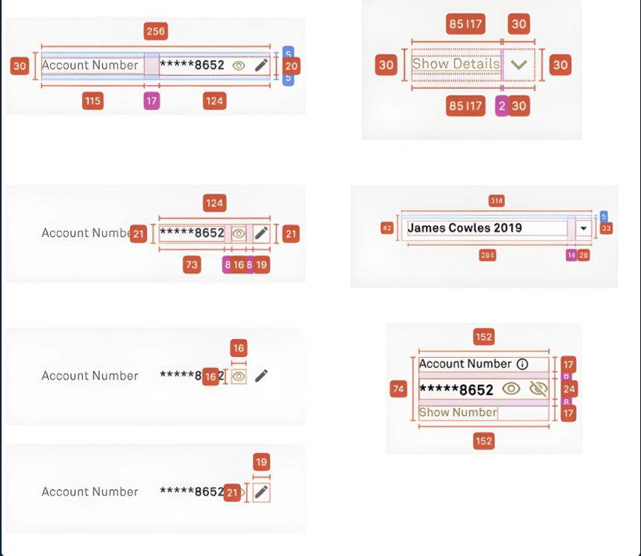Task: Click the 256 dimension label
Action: [156, 31]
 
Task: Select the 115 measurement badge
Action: [92, 100]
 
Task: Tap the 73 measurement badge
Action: [191, 265]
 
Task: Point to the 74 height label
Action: [399, 389]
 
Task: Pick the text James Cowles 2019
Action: [464, 228]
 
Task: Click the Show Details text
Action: [456, 63]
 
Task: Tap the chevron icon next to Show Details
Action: [519, 64]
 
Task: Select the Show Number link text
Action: [458, 413]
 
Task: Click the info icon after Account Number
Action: [522, 364]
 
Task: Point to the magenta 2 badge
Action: [501, 107]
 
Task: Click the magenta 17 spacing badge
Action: [152, 100]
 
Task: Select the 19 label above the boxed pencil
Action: [262, 462]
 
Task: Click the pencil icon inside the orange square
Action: [262, 492]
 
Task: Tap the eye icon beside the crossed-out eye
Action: [511, 389]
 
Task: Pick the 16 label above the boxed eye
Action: [238, 348]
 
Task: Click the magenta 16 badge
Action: [238, 265]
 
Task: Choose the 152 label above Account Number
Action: [484, 337]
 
